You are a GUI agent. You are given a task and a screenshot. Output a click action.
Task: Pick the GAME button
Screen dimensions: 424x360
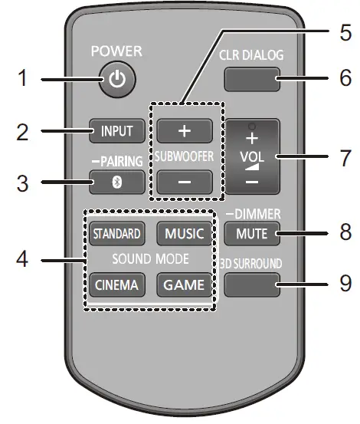click(183, 284)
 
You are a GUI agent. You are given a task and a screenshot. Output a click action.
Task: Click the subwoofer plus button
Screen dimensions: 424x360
click(183, 130)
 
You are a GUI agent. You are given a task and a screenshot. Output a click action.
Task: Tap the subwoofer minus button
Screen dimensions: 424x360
click(183, 184)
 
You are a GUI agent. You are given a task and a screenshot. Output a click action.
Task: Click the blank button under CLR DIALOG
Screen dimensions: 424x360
click(252, 78)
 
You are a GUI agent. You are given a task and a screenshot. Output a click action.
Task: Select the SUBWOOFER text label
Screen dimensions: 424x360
click(183, 157)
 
